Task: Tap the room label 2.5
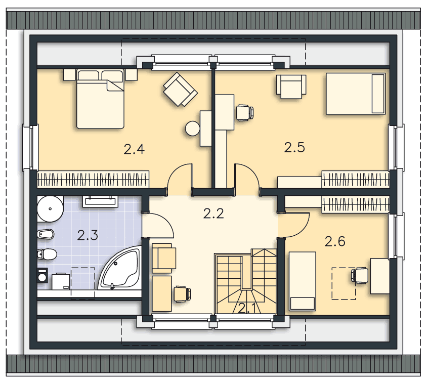294,148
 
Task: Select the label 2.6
335,242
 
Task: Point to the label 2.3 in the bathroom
88,235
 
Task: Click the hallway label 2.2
213,214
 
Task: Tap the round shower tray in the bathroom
50,207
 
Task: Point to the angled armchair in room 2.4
180,89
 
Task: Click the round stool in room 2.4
193,129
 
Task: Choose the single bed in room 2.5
356,94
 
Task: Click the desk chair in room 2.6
360,275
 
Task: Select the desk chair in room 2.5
244,112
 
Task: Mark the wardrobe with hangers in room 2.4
94,179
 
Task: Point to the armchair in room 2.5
291,87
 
